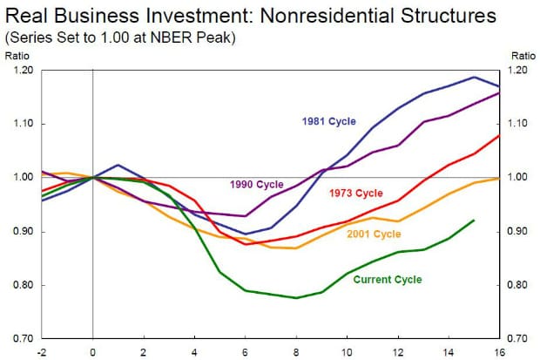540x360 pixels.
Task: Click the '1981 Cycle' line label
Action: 328,121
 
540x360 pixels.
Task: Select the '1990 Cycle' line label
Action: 256,184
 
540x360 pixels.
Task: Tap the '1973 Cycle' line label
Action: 357,192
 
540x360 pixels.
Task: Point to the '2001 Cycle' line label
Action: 375,234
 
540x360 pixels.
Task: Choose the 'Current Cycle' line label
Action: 388,280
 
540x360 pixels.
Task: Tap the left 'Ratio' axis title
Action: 17,55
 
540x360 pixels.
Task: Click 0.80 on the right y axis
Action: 520,285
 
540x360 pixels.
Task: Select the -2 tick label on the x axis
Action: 41,352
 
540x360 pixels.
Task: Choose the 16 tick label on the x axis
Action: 499,352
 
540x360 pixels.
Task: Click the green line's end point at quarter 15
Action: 474,221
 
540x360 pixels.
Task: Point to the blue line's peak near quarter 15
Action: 474,77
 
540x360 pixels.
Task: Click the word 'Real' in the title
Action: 24,17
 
